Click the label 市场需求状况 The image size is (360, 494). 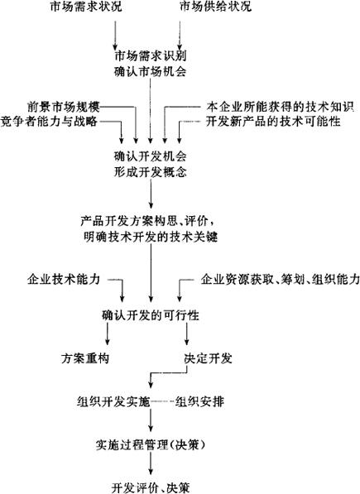(86, 7)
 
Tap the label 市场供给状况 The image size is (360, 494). (215, 7)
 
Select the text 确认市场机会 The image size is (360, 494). (151, 72)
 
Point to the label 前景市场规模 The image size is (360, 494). (64, 107)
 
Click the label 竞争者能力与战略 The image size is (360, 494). (49, 122)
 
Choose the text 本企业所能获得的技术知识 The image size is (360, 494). (281, 107)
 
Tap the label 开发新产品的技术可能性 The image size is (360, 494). (273, 122)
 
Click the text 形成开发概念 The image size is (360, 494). (151, 172)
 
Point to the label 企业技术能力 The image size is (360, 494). (64, 279)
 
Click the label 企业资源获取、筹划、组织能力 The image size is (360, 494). (281, 279)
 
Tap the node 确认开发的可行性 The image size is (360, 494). (151, 315)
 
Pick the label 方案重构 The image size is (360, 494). (85, 358)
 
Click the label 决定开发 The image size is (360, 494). (209, 358)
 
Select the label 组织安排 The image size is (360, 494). (199, 402)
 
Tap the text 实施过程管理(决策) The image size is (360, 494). (151, 445)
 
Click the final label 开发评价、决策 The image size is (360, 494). (151, 487)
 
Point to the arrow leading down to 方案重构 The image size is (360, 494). (108, 334)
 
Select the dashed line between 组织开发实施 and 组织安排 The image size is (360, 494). (162, 402)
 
